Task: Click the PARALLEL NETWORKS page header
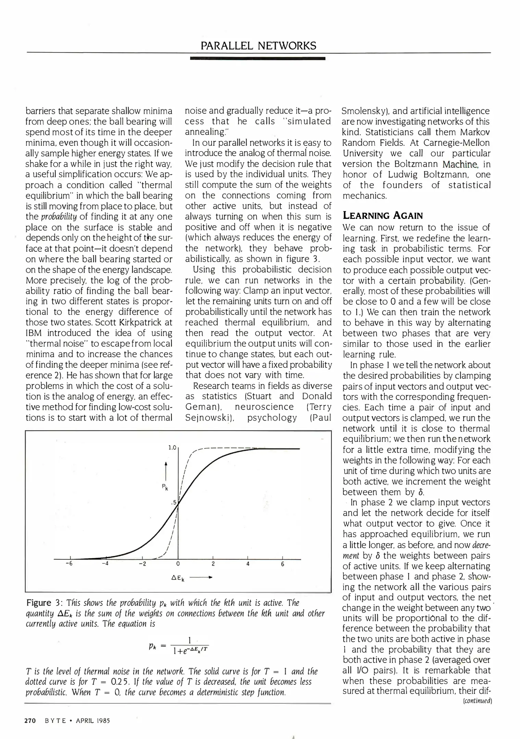[x=258, y=46]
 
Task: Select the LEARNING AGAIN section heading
[x=383, y=216]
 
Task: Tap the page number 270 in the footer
[x=30, y=721]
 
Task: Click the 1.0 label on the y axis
[x=172, y=448]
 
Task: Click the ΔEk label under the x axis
[x=178, y=579]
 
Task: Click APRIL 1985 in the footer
[x=93, y=721]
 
